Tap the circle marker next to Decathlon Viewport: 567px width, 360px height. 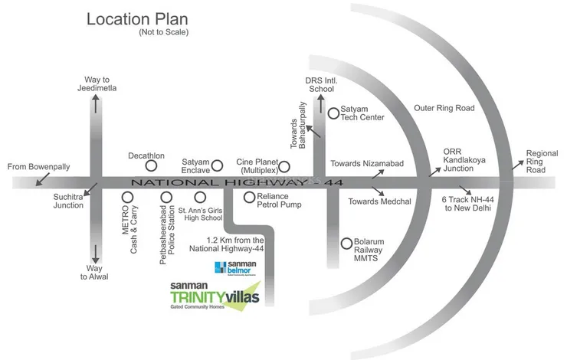(x=152, y=165)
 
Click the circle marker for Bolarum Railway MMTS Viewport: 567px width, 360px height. (x=346, y=242)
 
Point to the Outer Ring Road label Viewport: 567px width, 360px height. (x=444, y=108)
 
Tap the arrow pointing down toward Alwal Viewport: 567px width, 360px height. (x=95, y=254)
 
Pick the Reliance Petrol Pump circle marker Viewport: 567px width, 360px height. (x=249, y=197)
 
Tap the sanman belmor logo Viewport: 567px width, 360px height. (x=238, y=267)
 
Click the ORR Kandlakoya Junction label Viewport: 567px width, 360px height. (x=470, y=160)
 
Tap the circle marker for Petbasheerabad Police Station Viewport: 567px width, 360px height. (x=166, y=198)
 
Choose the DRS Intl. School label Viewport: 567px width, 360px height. (x=320, y=84)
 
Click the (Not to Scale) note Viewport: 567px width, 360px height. (x=163, y=33)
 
